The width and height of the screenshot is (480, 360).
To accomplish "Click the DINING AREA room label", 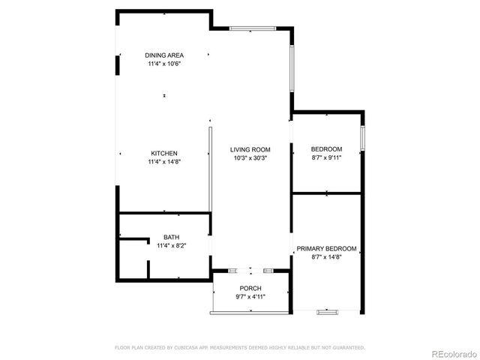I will point(164,55).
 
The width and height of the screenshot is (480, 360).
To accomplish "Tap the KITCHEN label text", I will point(164,154).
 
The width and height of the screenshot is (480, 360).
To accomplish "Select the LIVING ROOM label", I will point(250,150).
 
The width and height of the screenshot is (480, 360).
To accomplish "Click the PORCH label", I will point(250,289).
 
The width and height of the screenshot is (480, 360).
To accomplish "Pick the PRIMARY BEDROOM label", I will point(326,248).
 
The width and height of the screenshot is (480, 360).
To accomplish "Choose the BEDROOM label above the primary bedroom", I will point(326,148).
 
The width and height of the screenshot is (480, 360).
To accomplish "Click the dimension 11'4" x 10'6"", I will point(164,64).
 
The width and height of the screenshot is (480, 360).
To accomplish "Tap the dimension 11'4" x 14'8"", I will point(164,162).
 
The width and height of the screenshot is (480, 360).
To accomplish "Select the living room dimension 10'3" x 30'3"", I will point(250,158).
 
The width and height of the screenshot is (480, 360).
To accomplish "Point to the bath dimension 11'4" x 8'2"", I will point(171,245).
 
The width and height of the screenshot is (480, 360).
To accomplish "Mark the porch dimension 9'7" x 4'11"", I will point(250,297).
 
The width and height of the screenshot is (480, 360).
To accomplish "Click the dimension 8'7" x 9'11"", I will point(326,157).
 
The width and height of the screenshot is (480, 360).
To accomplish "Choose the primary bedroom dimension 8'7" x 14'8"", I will point(326,256).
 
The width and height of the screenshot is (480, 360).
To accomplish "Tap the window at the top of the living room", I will point(250,28).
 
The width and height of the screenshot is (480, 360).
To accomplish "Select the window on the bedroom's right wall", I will point(362,138).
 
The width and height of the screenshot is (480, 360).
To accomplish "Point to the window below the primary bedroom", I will point(328,311).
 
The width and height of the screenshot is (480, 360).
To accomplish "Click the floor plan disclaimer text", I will point(240,347).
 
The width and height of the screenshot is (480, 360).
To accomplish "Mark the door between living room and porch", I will point(250,270).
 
